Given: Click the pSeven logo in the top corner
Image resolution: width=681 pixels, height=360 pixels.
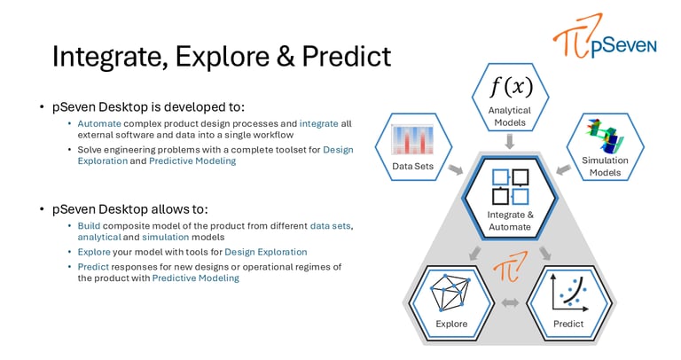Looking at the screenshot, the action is click(605, 36).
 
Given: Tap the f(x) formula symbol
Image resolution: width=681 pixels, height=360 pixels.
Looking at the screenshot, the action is click(511, 86).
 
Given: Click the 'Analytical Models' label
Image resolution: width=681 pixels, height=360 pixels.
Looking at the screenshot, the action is click(510, 116).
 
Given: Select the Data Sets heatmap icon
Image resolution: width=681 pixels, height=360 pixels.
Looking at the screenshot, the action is click(412, 139).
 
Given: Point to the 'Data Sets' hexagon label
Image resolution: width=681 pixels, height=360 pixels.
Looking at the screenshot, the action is click(412, 166).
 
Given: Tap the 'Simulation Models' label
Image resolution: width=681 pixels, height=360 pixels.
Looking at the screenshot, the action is click(605, 167).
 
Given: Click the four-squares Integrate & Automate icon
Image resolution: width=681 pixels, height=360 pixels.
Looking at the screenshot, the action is click(511, 187).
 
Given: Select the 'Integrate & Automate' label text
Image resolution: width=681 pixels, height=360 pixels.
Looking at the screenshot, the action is click(511, 221).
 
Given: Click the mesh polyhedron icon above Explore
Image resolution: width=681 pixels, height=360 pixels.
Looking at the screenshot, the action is click(450, 293).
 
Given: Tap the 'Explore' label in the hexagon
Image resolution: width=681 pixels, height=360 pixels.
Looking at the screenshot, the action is click(451, 324).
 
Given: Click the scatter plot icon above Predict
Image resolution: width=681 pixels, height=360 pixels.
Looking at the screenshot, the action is click(569, 293).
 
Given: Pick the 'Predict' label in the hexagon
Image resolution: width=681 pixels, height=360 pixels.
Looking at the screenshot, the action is click(568, 324).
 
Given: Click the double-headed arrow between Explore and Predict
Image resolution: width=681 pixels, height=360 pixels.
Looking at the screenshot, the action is click(511, 302).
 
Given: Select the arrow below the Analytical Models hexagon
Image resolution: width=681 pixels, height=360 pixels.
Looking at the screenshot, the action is click(510, 142).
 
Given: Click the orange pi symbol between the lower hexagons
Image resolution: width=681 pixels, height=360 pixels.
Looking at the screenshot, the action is click(510, 265).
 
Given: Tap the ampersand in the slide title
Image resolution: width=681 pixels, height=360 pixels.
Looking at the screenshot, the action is click(285, 56).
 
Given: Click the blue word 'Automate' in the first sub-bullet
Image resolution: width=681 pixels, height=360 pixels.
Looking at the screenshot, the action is click(99, 124).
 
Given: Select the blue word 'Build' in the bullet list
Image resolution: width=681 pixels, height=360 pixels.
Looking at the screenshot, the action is click(89, 226).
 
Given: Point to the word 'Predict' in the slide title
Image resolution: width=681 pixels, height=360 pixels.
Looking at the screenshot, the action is click(347, 56).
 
